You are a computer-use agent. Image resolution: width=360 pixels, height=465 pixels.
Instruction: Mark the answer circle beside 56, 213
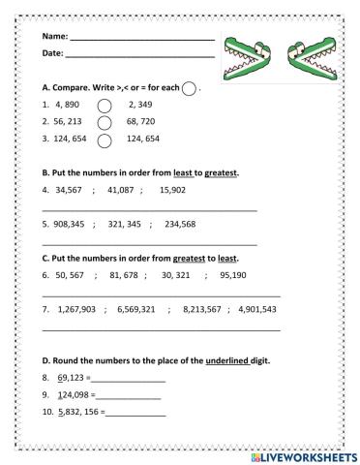coord(105,123)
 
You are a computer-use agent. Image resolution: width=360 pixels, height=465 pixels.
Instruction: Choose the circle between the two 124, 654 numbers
coord(105,140)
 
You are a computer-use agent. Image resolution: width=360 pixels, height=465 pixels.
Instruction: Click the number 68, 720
coord(142,123)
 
